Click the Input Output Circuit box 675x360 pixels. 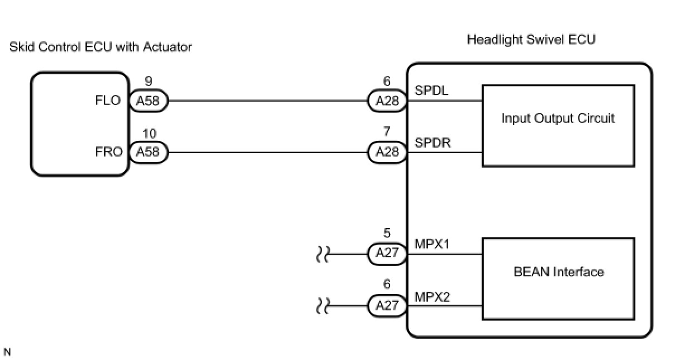pos(558,125)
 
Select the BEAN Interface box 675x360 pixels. pos(558,279)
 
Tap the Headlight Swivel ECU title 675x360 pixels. pos(531,40)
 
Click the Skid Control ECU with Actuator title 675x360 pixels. pos(101,48)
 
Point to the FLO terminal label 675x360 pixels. pos(108,101)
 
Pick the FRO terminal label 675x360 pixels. pos(108,152)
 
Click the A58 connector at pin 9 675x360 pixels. pos(148,101)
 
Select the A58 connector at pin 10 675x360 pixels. pos(148,152)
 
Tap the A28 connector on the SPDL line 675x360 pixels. pos(387,101)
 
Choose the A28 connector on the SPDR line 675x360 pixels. pos(387,152)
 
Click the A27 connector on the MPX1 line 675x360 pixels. pos(387,254)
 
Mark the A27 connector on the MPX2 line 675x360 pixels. pos(387,305)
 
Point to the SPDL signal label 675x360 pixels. pos(431,91)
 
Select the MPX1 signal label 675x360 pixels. pos(432,244)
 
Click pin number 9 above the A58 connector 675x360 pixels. pos(148,82)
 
